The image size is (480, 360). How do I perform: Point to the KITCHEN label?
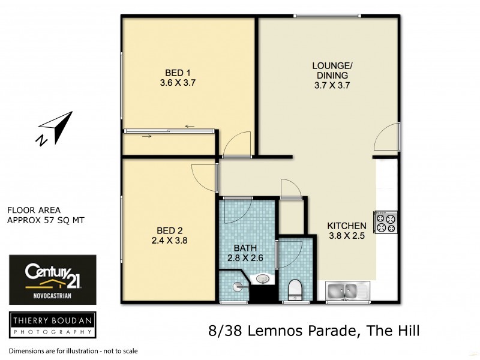[x=346, y=226]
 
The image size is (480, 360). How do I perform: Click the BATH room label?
[x=245, y=248]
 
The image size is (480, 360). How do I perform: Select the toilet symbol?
[x=294, y=290]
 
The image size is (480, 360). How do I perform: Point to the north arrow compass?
[x=55, y=128]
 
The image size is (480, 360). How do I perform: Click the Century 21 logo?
[x=52, y=279]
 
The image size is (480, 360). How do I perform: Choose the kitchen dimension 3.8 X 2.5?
[x=346, y=236]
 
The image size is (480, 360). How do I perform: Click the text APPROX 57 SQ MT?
[x=45, y=220]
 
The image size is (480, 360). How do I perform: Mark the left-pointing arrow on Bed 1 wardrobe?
[x=190, y=126]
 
